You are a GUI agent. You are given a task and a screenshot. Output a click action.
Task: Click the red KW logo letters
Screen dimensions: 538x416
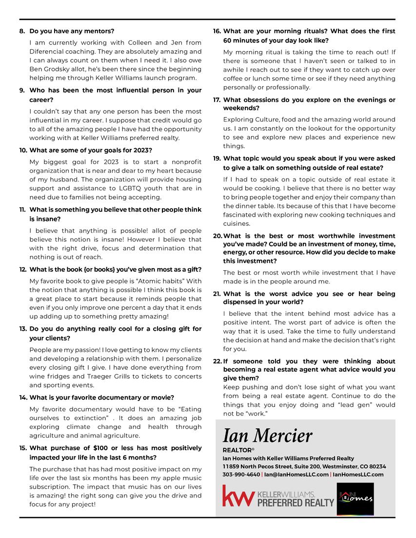[x=238, y=496]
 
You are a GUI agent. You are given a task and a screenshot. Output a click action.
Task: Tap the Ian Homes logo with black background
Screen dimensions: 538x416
[x=355, y=498]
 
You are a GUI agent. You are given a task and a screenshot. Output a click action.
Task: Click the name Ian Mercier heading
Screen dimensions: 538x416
[x=267, y=435]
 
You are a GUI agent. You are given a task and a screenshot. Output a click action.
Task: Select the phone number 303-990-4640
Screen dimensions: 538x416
[x=241, y=474]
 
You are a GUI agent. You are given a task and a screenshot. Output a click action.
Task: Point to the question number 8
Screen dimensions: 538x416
[x=22, y=31]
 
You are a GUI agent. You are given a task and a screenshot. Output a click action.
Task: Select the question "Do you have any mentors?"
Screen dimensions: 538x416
[x=72, y=31]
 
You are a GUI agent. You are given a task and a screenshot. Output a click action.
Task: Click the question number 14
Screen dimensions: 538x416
[x=23, y=398]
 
